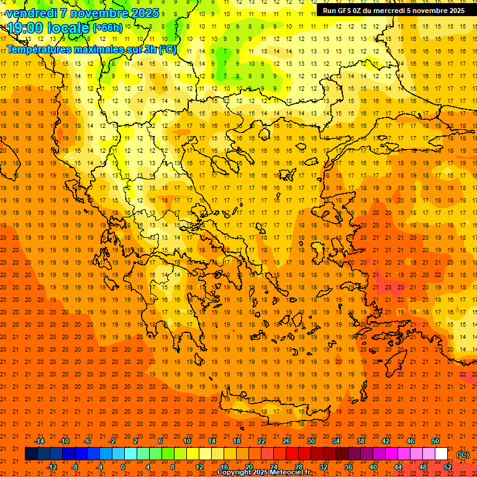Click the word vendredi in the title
[x=32, y=13]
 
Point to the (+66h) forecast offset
[x=107, y=28]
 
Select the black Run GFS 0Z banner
[x=393, y=10]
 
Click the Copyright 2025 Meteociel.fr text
[x=264, y=473]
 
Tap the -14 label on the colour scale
[x=39, y=440]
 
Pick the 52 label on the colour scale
[x=448, y=466]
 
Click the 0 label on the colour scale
[x=123, y=466]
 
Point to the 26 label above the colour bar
[x=286, y=440]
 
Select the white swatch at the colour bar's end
[x=442, y=454]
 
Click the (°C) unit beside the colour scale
[x=463, y=454]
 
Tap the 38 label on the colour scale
[x=361, y=440]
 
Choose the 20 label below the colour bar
[x=248, y=466]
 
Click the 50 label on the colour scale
[x=435, y=440]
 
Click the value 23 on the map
[x=388, y=287]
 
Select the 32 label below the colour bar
[x=323, y=466]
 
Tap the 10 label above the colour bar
[x=187, y=440]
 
